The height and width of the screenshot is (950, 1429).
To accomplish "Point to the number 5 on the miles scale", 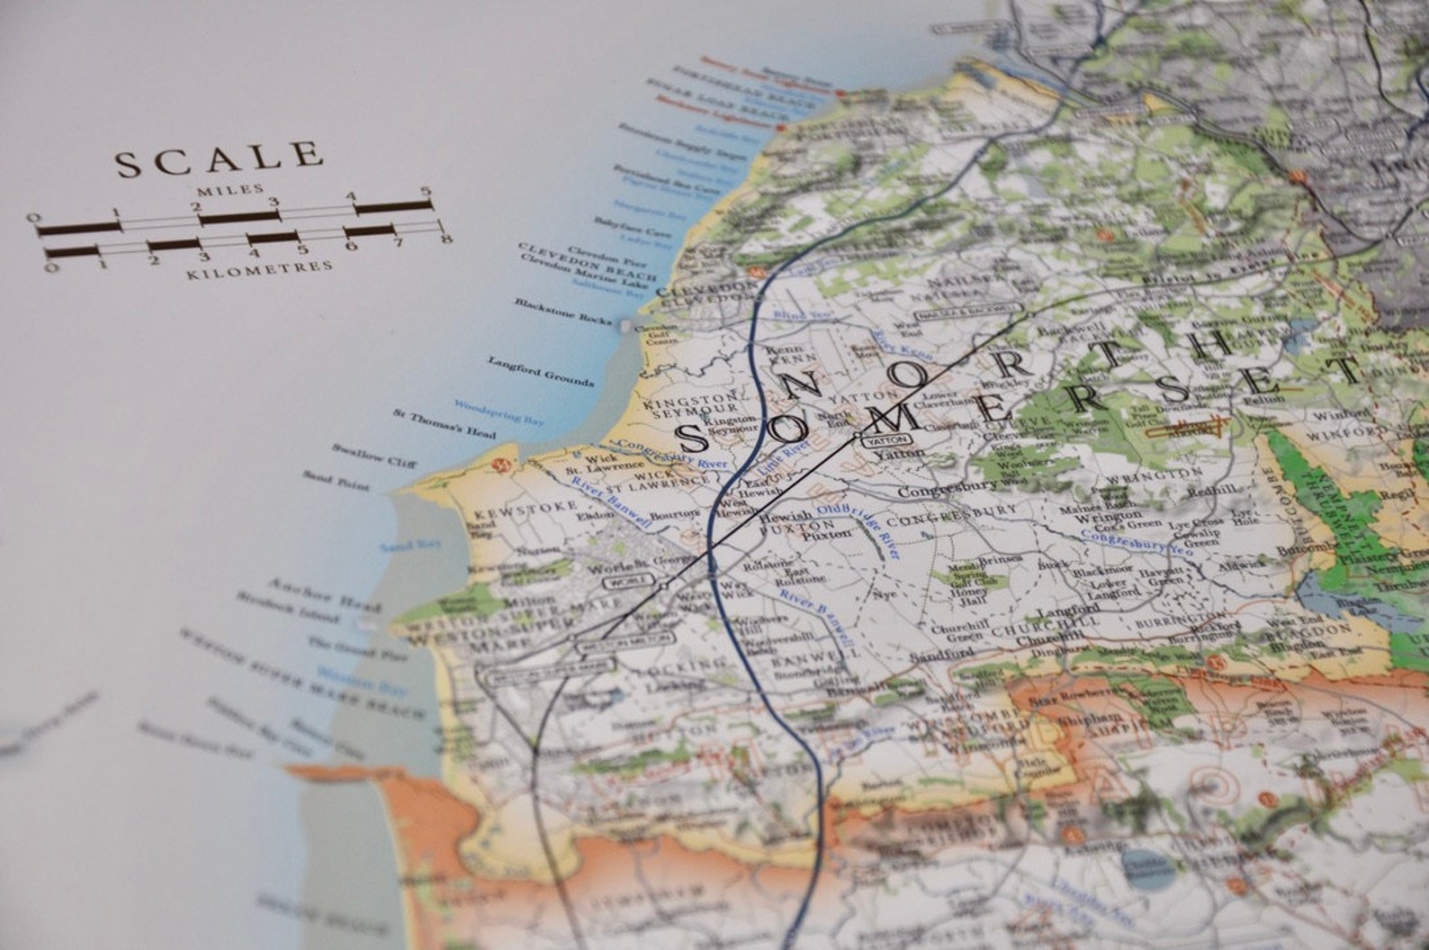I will click(426, 192).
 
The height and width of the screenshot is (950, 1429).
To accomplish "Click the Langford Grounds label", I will click(541, 371).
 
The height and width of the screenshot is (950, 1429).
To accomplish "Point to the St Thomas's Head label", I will click(444, 424).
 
